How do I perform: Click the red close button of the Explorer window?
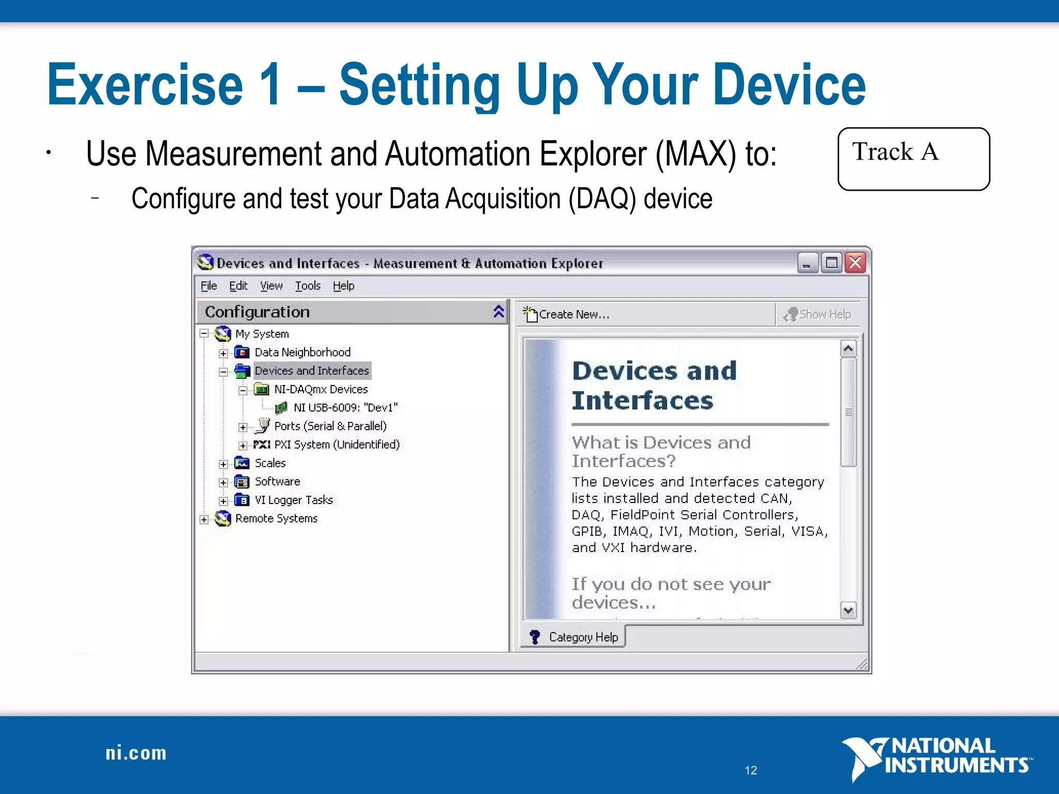(855, 263)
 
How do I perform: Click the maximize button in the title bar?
(831, 263)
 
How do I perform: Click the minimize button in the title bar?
(807, 263)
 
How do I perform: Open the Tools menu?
(308, 286)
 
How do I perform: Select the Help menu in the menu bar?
(343, 286)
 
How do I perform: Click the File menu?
(208, 286)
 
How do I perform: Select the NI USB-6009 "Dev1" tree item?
(345, 408)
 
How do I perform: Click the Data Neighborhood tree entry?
(302, 353)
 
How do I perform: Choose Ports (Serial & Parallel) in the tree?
(330, 426)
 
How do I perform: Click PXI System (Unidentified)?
(336, 445)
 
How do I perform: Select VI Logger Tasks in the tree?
(293, 500)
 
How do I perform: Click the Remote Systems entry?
(276, 518)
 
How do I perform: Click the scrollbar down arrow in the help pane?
(848, 610)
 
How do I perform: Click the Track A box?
(913, 159)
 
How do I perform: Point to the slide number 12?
(751, 770)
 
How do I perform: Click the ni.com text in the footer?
(136, 753)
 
